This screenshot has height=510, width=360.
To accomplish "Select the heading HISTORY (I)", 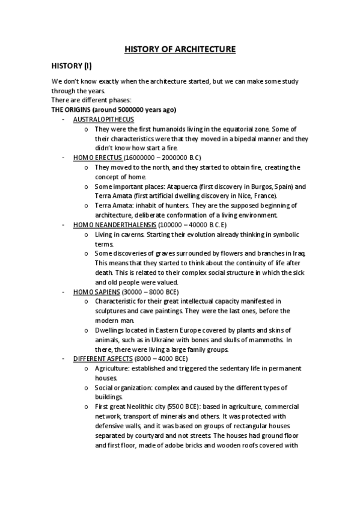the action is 71,66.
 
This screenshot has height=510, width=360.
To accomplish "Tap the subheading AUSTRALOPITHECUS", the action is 99,120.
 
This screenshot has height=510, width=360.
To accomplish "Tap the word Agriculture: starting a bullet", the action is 112,368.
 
